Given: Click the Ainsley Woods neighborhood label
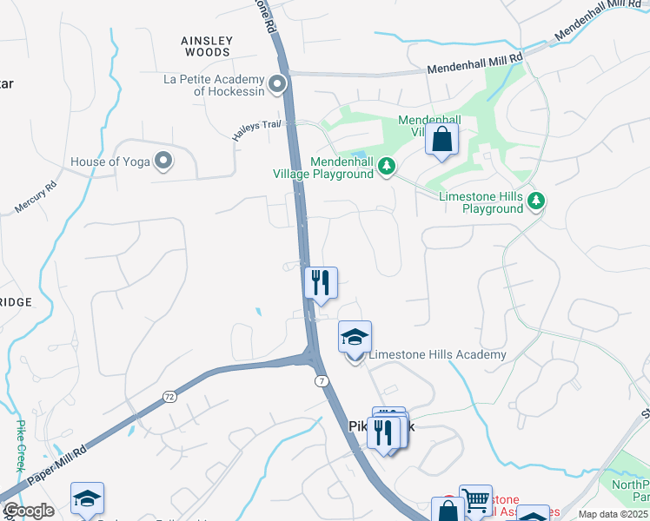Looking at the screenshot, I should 207,46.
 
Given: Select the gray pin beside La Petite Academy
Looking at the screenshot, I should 277,84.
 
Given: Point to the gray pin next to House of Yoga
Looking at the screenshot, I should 162,161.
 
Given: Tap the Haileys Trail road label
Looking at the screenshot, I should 257,130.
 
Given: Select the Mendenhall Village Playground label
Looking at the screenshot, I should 342,168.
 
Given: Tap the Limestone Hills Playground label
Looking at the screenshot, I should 481,202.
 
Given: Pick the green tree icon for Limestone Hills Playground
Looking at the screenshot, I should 537,201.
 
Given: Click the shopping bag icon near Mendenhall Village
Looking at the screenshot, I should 441,139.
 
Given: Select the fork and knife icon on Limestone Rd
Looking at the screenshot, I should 320,282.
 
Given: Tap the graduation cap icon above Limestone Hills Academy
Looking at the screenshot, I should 355,336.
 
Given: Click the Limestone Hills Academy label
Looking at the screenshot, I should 437,354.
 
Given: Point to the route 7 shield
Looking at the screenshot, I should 322,381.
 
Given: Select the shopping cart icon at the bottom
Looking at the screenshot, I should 475,501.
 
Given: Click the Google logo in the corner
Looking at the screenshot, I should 28,511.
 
